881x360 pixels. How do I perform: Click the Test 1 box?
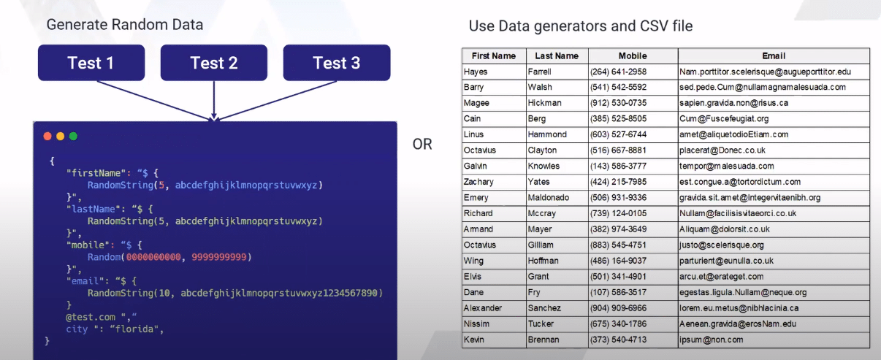91,63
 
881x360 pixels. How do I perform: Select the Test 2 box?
214,63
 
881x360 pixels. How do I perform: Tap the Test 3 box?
337,63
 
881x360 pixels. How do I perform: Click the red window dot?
47,136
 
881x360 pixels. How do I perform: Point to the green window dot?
73,136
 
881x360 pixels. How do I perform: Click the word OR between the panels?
422,145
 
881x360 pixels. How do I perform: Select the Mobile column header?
633,55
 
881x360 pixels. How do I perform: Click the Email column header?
774,55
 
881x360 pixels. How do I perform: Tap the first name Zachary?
478,182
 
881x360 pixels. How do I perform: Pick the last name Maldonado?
549,198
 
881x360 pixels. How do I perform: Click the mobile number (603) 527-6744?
618,134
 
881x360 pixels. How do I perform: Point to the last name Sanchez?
544,308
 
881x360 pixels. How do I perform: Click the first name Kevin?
473,340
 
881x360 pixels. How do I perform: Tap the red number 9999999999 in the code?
218,257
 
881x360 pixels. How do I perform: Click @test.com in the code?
91,317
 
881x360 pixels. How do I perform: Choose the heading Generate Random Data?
125,24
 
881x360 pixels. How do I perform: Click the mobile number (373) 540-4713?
618,340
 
